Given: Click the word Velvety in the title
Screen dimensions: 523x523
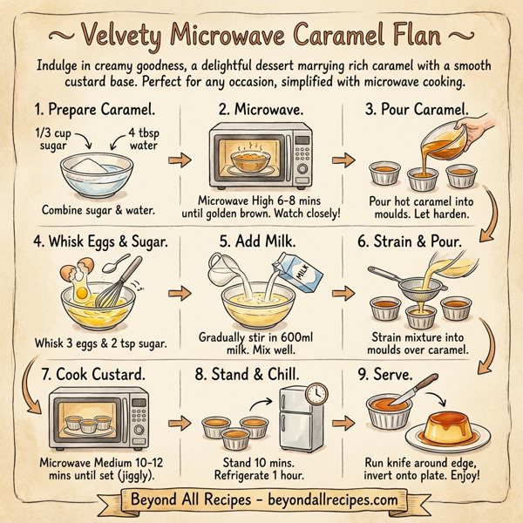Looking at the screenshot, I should click(x=129, y=36).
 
